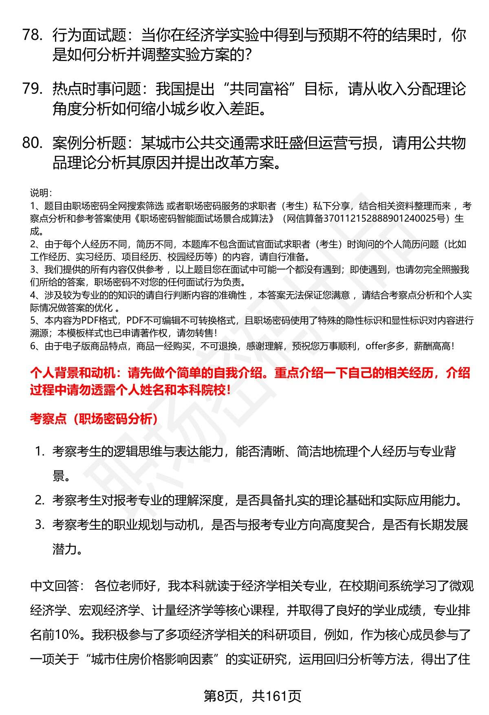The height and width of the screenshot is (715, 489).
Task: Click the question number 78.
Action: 32,35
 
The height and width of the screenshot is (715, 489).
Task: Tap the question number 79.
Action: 32,88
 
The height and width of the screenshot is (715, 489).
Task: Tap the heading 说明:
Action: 40,193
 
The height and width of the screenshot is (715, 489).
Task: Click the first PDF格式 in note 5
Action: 99,320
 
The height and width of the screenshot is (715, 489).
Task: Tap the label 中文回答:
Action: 57,586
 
